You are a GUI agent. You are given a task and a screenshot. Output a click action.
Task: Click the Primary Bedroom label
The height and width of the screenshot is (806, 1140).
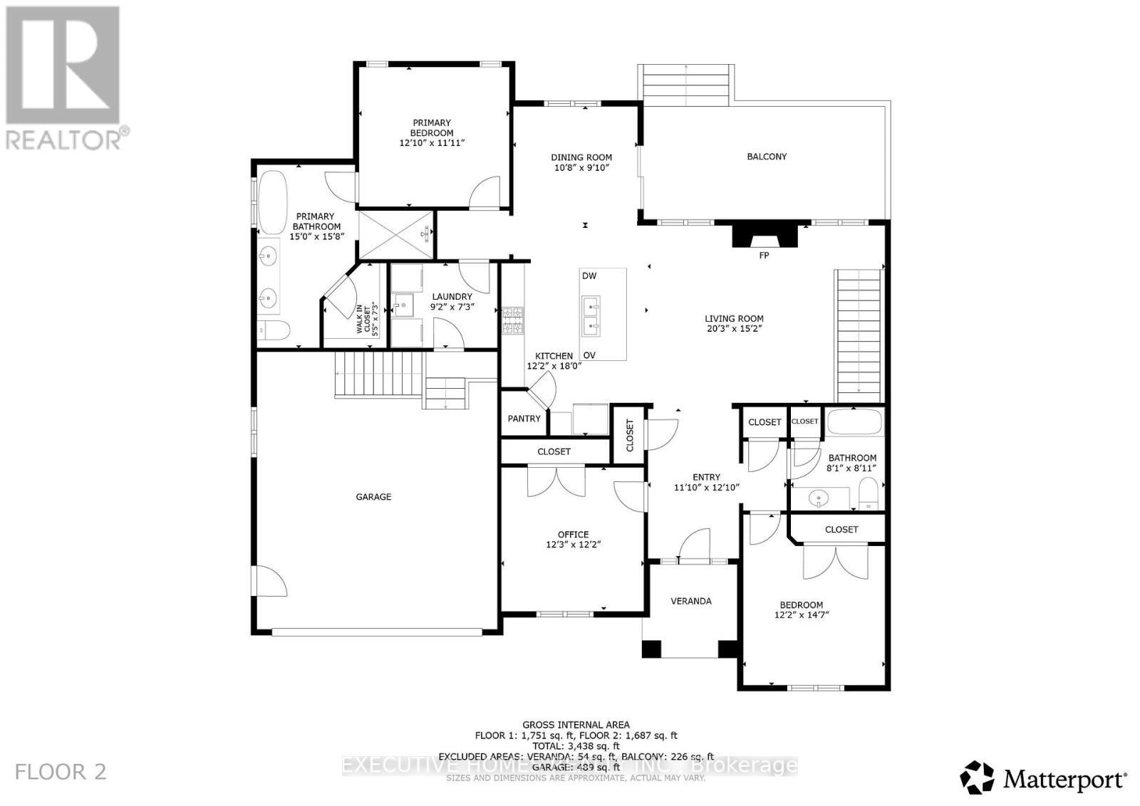pos(432,128)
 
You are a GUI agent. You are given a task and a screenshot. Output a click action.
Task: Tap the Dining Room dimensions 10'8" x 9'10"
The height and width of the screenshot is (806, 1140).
pos(581,168)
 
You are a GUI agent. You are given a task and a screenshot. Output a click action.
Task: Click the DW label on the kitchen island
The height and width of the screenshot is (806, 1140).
pos(589,276)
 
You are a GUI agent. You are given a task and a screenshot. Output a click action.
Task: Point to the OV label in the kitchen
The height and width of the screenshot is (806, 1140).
pos(589,355)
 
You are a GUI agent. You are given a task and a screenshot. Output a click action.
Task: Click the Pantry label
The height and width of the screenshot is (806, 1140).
pos(524,419)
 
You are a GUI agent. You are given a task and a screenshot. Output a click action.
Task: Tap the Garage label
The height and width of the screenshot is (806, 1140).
pos(373,497)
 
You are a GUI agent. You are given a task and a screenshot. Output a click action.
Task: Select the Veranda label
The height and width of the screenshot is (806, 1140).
pos(691,601)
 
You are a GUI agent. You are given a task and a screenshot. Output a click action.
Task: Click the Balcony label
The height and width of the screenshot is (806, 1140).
pos(767,157)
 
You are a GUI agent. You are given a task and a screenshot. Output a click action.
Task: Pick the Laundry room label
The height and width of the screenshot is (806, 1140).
pos(452,297)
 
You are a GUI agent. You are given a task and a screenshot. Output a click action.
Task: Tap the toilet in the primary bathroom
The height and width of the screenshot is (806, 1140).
pos(275,330)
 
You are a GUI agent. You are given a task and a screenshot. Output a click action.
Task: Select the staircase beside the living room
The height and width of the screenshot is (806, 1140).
pos(859,335)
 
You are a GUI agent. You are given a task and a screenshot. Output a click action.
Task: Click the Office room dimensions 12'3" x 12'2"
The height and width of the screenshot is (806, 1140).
pos(573,545)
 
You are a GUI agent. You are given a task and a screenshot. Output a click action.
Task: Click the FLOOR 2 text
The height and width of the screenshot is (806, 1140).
pos(61,772)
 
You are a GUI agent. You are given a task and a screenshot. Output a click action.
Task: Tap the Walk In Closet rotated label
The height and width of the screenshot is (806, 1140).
pos(365,320)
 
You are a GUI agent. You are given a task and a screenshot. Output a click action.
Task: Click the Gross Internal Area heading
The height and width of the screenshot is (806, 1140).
pos(576,726)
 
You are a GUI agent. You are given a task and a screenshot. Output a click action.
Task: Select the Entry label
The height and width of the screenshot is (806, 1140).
pos(707,477)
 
